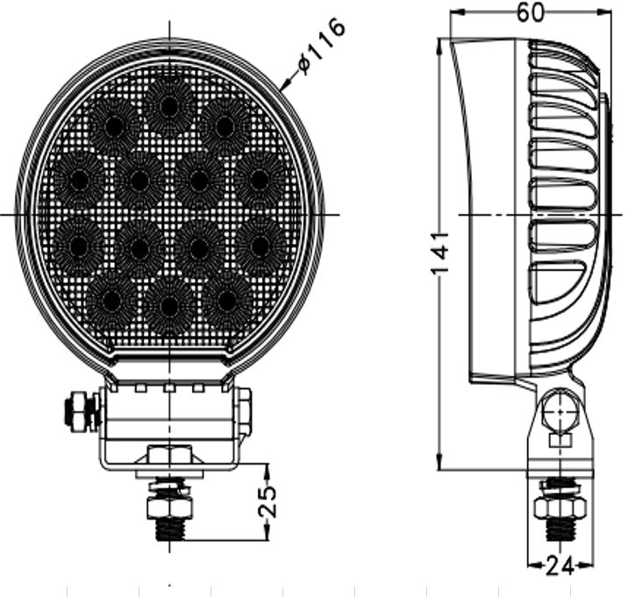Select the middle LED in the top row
[x=170, y=105]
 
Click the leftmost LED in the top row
[x=113, y=126]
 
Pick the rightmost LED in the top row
[x=225, y=125]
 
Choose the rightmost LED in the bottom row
[x=227, y=301]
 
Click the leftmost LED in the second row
[x=76, y=180]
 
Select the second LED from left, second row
[x=139, y=181]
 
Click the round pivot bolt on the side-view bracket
[x=556, y=409]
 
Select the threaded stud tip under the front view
[x=169, y=529]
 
